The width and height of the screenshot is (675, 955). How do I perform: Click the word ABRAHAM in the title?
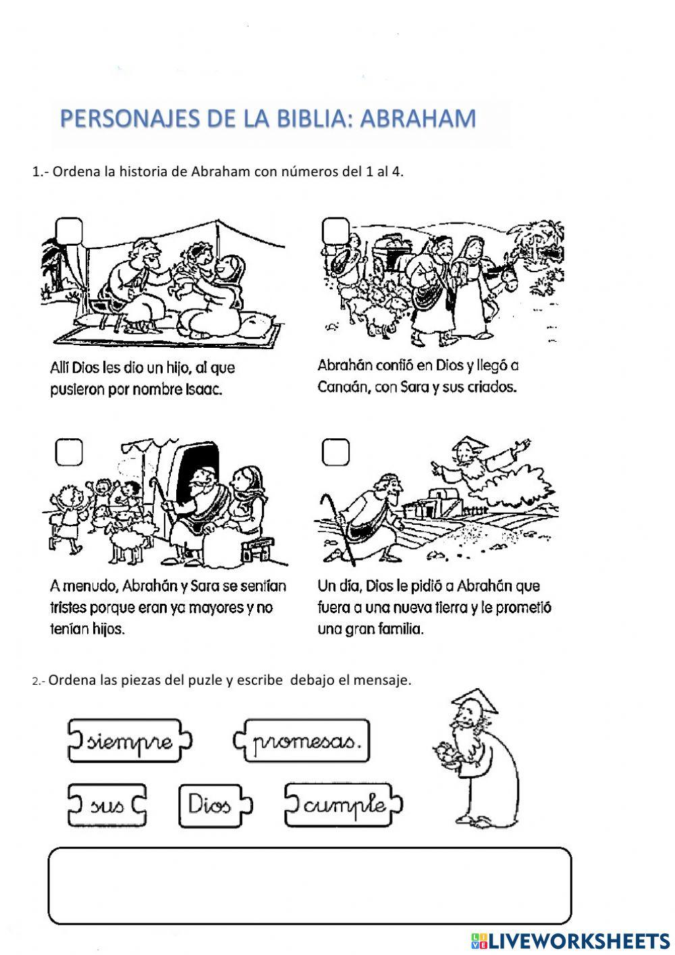[x=418, y=119]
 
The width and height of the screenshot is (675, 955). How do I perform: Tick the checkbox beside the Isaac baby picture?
[x=70, y=230]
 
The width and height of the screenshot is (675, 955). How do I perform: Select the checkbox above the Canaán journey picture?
[x=335, y=230]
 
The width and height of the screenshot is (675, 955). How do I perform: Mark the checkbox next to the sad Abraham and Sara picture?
[x=69, y=453]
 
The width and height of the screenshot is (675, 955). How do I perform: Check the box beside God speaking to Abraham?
[x=335, y=453]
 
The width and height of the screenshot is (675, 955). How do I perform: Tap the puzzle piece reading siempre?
[x=130, y=741]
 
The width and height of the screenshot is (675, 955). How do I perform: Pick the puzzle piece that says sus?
[x=107, y=804]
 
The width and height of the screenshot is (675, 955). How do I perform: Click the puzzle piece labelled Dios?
[x=211, y=804]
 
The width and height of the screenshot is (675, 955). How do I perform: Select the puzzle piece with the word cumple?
[x=344, y=804]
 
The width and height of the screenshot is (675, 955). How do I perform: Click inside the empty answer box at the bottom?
[x=310, y=885]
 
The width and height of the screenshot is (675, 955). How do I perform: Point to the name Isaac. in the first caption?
[x=203, y=390]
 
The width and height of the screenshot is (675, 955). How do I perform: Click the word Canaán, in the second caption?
[x=342, y=388]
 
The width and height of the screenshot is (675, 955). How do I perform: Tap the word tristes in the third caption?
[x=73, y=608]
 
